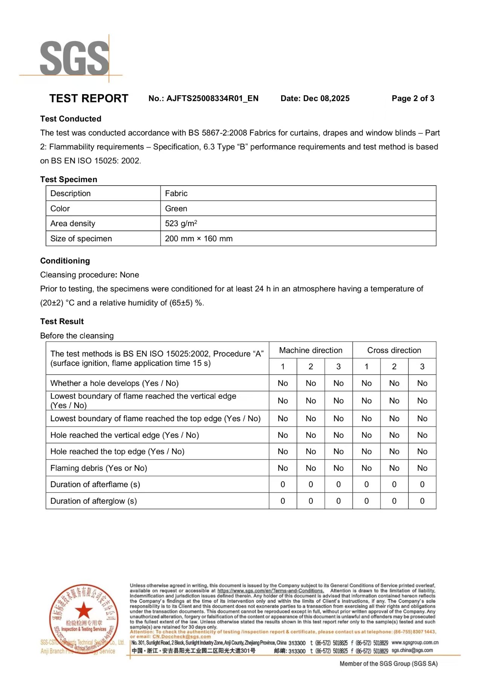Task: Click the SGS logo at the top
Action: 75,58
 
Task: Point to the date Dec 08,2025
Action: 326,99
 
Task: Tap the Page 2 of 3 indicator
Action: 413,99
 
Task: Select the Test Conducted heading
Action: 71,119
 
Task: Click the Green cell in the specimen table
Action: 176,209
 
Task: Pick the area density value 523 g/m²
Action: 181,224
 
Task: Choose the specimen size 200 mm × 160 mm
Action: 199,239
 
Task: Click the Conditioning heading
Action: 65,261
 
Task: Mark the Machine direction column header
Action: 311,350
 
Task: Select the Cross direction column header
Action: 394,350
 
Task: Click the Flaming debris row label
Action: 99,468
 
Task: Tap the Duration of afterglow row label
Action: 93,501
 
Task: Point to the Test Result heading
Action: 62,321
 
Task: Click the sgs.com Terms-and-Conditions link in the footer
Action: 270,591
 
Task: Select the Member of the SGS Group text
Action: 389,664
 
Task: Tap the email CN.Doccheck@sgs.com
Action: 182,637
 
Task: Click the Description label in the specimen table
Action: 70,193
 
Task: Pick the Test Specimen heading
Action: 69,180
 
